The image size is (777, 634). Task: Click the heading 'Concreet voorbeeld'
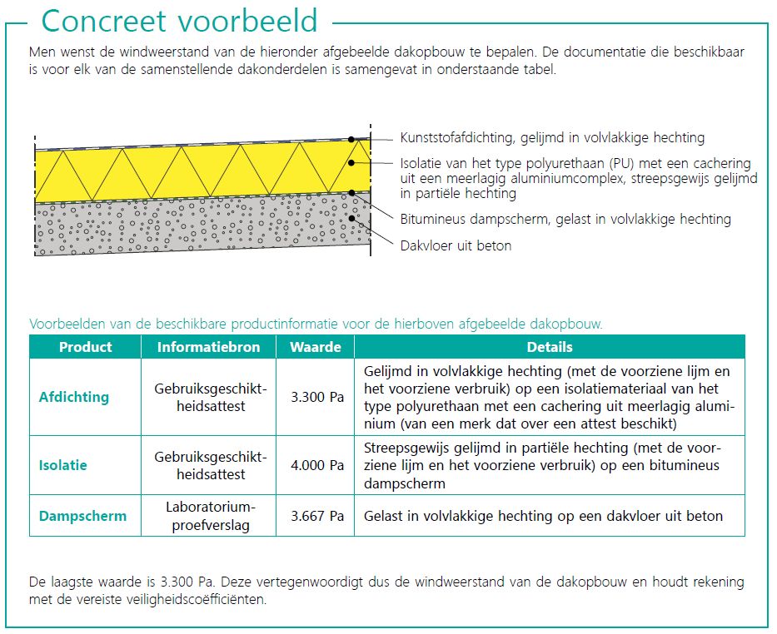179,21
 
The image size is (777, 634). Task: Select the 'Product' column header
86,347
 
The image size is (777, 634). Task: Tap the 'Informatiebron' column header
209,347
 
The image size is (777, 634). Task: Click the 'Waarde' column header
316,347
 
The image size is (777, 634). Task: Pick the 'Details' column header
550,347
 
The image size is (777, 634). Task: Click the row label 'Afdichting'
74,397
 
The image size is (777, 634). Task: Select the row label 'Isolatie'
63,465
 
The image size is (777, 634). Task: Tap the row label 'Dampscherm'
83,516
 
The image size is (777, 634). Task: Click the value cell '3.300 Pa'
317,397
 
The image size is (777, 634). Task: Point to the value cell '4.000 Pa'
317,465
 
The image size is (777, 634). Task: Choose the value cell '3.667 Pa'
317,516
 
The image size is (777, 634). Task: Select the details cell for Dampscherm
543,516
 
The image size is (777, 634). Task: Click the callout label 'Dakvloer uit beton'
456,245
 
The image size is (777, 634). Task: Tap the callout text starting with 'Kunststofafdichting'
552,137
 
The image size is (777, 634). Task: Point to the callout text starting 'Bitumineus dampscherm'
565,219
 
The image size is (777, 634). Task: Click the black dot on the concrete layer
353,219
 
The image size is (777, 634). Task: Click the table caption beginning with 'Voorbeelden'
316,323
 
